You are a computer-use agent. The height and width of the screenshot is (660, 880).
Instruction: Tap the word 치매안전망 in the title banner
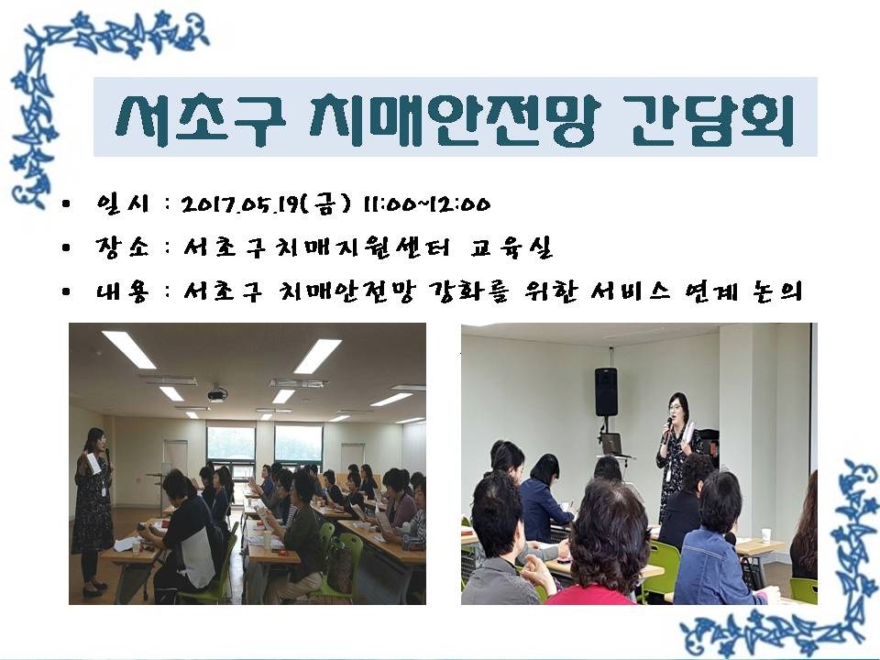pos(455,119)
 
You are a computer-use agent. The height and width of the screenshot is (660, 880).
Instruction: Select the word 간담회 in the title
pos(709,118)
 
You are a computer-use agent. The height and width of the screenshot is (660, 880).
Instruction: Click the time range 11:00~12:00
pos(426,203)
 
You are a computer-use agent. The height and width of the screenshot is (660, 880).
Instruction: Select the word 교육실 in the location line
pos(511,247)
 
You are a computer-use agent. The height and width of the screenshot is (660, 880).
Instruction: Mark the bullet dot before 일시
pos(67,204)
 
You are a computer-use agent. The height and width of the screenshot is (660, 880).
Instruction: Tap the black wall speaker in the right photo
pos(606,391)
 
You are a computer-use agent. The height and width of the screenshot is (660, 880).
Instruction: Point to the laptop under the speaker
pos(611,444)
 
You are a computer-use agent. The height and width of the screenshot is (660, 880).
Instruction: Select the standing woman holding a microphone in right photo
pos(677,455)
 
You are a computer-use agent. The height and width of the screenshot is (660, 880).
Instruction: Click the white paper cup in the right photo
pos(765,536)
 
